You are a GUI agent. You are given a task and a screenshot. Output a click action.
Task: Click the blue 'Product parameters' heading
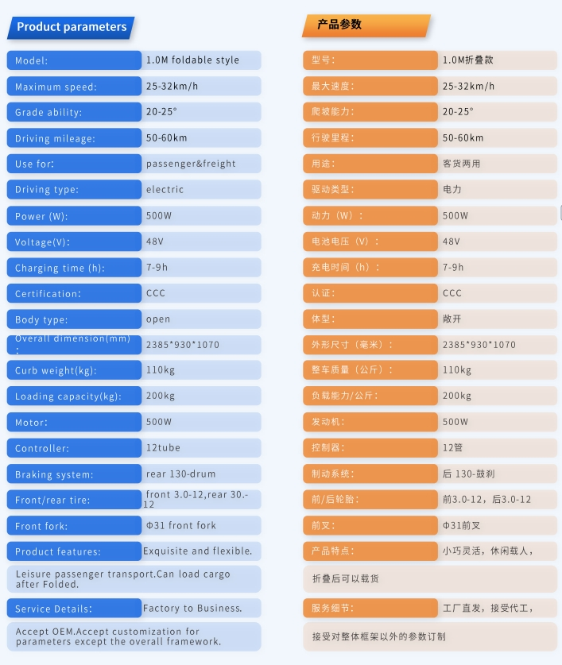click(72, 27)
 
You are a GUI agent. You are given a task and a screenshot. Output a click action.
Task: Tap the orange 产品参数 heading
click(339, 25)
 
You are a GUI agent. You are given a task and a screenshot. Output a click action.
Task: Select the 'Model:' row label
click(32, 60)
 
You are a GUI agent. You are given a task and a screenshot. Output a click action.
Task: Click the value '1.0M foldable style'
click(192, 60)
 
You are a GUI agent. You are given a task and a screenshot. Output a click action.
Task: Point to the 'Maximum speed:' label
click(56, 87)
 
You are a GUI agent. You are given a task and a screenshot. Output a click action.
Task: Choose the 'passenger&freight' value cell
click(191, 164)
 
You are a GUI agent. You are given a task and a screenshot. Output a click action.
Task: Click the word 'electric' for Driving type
click(165, 190)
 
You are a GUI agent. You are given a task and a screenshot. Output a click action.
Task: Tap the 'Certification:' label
click(48, 294)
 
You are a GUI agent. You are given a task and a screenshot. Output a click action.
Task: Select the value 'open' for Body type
click(158, 319)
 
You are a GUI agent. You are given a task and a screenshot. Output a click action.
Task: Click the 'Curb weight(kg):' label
click(54, 371)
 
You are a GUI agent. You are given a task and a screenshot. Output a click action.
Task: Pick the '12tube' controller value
click(163, 448)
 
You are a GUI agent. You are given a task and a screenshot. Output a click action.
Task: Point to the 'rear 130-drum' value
click(180, 474)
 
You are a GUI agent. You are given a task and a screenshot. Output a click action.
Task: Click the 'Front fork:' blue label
click(41, 526)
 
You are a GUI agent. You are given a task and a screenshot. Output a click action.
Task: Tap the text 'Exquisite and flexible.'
click(197, 551)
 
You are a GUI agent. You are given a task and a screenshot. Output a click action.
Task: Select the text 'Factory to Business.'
click(192, 609)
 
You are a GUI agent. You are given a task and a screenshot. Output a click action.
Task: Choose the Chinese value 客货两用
click(461, 164)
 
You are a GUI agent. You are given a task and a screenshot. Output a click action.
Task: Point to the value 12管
click(452, 448)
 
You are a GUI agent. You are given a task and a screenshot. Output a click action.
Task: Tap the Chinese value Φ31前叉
click(463, 525)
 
